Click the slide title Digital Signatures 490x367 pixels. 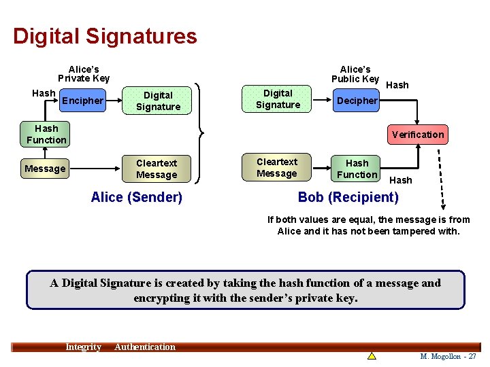pyautogui.click(x=105, y=36)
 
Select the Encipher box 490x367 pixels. pyautogui.click(x=82, y=101)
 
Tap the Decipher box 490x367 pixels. pyautogui.click(x=357, y=101)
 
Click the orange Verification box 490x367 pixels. pyautogui.click(x=417, y=135)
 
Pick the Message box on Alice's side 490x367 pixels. pyautogui.click(x=45, y=169)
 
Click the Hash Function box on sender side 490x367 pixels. pyautogui.click(x=46, y=135)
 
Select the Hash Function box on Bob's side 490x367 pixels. pyautogui.click(x=357, y=169)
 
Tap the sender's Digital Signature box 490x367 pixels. pyautogui.click(x=158, y=101)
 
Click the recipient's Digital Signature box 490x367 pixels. pyautogui.click(x=278, y=99)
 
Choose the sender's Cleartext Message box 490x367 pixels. pyautogui.click(x=157, y=169)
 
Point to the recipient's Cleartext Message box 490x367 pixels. pyautogui.click(x=277, y=168)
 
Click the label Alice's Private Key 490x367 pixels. pyautogui.click(x=84, y=73)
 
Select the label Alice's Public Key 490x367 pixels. pyautogui.click(x=355, y=74)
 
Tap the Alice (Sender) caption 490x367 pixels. pyautogui.click(x=137, y=197)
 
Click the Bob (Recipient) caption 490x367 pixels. pyautogui.click(x=348, y=197)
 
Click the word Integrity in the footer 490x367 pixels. pyautogui.click(x=83, y=347)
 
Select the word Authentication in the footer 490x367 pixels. pyautogui.click(x=145, y=347)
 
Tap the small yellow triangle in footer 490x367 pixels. pyautogui.click(x=372, y=355)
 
